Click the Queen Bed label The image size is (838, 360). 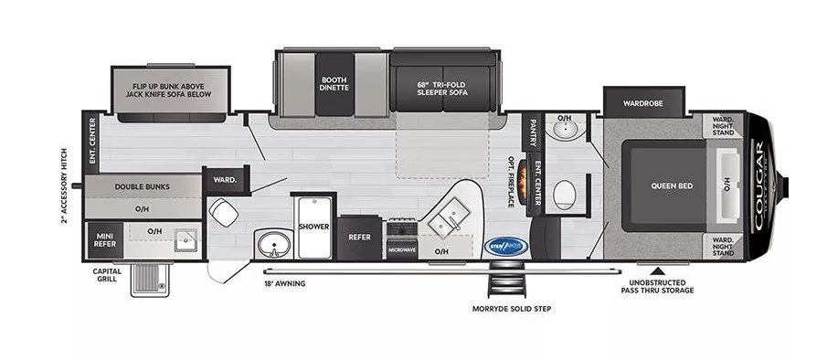point(672,185)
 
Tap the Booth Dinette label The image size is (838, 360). point(333,85)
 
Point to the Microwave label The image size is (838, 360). point(402,249)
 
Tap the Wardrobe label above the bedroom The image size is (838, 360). point(642,102)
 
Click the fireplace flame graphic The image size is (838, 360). point(523,179)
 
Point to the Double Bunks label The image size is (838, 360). point(141,185)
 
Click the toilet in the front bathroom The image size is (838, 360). point(565,194)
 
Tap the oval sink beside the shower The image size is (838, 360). point(270,245)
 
